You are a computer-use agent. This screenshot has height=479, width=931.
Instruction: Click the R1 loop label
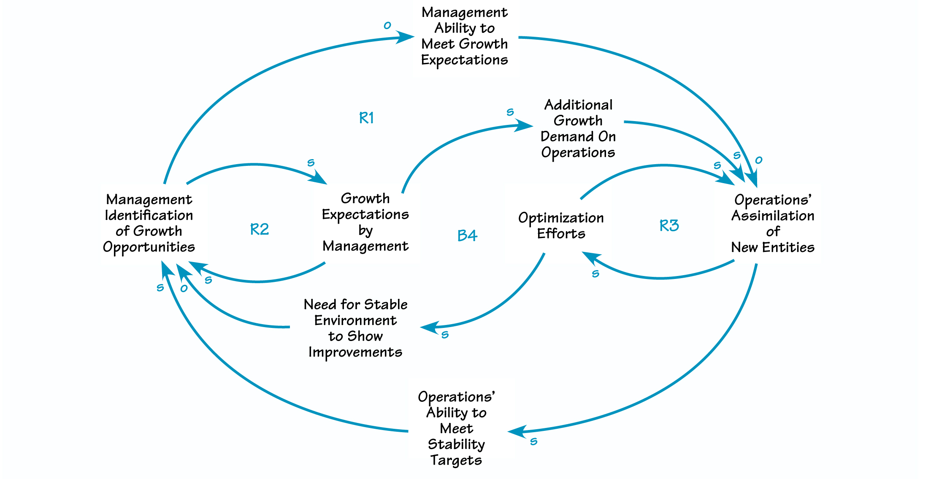click(366, 118)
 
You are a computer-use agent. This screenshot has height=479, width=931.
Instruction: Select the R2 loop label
click(259, 229)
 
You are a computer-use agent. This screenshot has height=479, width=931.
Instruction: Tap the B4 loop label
click(467, 235)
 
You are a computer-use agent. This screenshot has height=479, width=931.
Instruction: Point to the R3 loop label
click(669, 225)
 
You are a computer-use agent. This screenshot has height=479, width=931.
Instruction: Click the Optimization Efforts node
click(561, 225)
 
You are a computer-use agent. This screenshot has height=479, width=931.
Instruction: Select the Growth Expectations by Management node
click(365, 222)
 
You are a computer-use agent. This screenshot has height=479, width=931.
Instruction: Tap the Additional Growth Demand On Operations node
click(578, 128)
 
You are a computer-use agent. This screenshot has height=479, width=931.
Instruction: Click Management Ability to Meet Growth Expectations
click(464, 36)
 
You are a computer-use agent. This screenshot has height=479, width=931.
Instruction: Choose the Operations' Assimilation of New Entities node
click(773, 223)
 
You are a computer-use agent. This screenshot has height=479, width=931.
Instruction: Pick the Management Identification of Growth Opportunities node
click(149, 223)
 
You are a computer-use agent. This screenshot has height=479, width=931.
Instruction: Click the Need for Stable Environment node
click(355, 328)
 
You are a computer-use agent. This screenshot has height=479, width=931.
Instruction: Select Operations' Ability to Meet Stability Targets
click(456, 428)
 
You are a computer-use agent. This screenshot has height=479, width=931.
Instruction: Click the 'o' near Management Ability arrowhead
click(387, 26)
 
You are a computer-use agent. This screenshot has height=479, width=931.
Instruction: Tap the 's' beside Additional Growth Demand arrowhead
click(510, 112)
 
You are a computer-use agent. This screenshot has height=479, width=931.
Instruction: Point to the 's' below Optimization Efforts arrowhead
click(595, 274)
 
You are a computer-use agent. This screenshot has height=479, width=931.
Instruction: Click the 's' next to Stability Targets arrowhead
click(534, 441)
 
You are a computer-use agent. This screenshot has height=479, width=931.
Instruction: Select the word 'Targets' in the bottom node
click(456, 460)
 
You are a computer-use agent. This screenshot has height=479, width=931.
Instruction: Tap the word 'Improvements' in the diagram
click(355, 352)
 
